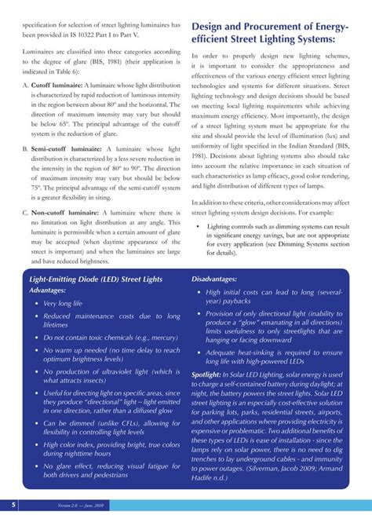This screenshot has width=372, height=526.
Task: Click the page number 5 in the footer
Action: (14, 503)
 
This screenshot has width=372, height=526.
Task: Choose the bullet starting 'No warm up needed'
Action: (111, 355)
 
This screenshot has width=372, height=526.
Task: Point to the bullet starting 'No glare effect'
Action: (111, 470)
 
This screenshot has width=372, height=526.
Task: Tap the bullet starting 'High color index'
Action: (111, 449)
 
